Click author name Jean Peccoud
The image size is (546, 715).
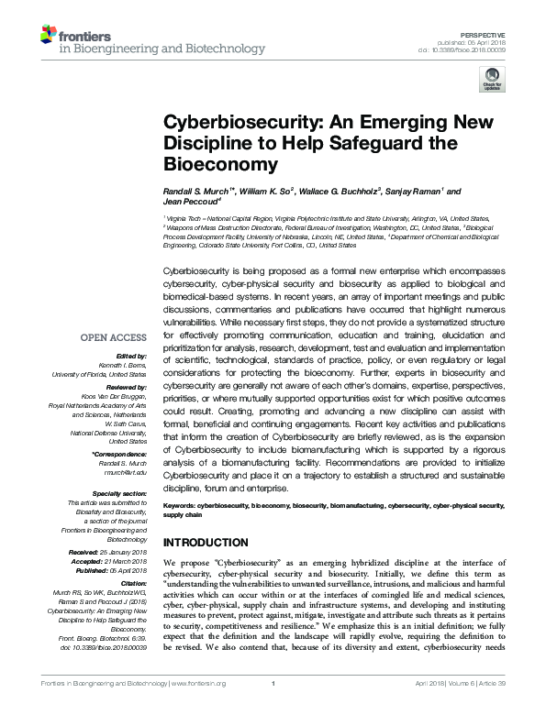click(187, 202)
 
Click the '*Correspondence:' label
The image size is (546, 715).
click(120, 455)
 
